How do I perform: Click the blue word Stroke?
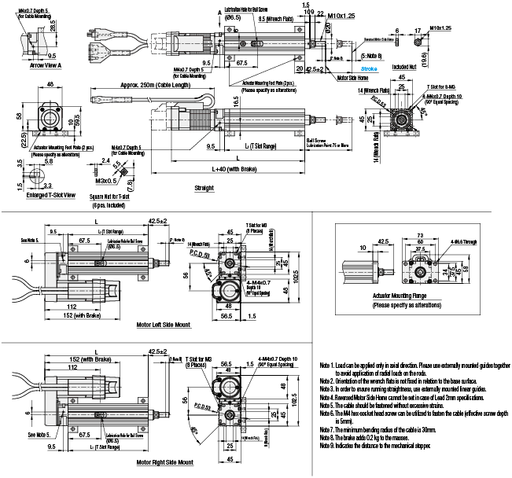coord(370,69)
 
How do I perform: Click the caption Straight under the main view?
coord(204,189)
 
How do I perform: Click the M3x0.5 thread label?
coord(103,179)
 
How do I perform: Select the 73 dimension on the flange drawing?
coord(422,234)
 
